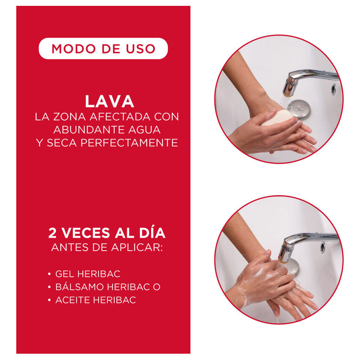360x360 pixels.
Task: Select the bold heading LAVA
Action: [x=109, y=101]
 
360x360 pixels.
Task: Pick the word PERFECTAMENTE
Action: [x=129, y=143]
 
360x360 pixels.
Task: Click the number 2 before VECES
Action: [x=52, y=233]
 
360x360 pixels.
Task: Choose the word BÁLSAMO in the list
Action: [x=80, y=287]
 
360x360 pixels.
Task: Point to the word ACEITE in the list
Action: [x=73, y=300]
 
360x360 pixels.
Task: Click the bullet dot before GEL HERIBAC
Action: [x=49, y=274]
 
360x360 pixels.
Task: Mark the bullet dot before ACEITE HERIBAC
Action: [x=49, y=300]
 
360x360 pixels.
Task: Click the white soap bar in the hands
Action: [x=276, y=117]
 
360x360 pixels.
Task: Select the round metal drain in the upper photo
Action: [x=299, y=109]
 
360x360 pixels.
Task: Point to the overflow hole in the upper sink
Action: [x=333, y=90]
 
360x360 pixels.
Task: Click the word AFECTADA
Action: [x=120, y=117]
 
